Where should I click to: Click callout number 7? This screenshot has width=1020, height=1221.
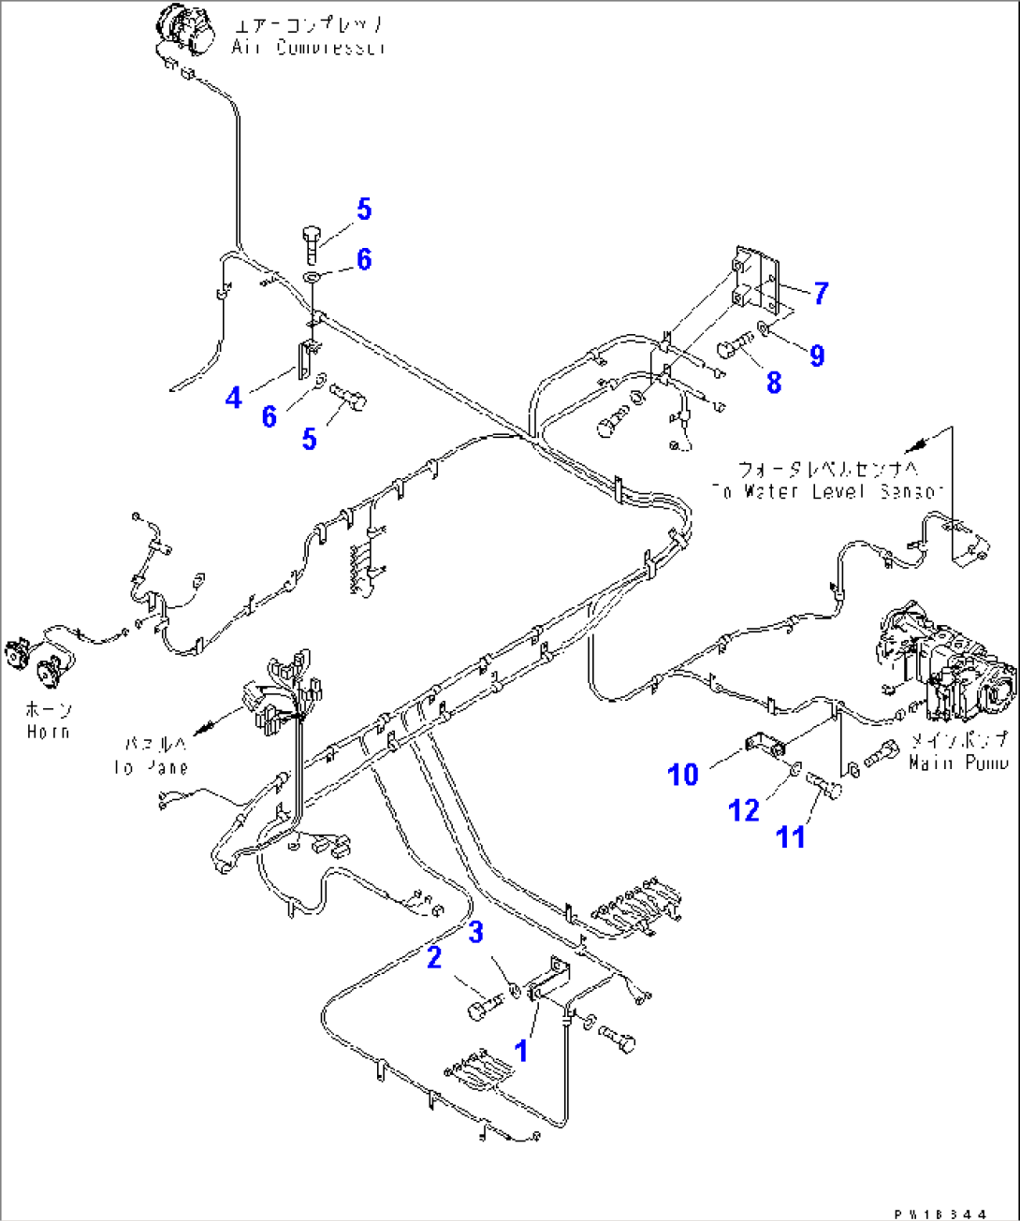[x=821, y=293]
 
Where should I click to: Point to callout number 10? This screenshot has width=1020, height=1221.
[x=683, y=775]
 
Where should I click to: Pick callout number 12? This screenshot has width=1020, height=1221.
[x=745, y=810]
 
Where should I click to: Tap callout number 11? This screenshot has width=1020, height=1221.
[x=792, y=836]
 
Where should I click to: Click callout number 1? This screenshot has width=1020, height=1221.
[x=521, y=1051]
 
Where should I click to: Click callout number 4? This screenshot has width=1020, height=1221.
[x=234, y=398]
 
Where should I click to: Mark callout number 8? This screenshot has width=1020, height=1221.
[x=774, y=382]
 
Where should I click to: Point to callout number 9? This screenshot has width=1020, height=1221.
[x=817, y=356]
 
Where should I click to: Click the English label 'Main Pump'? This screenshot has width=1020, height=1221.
[x=957, y=763]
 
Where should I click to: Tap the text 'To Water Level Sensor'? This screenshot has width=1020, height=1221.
[x=827, y=491]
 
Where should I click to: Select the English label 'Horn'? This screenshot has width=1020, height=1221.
[x=49, y=732]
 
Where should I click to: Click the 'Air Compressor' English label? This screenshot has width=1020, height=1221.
[x=309, y=47]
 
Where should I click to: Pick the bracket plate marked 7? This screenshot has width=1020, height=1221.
[x=758, y=281]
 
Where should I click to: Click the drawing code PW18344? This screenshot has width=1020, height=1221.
[x=940, y=1214]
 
